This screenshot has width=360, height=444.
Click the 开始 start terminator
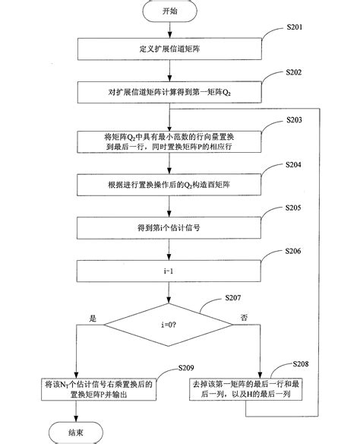point(168,13)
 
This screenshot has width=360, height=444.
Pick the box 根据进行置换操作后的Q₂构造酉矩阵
point(168,185)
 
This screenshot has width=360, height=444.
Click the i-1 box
point(168,269)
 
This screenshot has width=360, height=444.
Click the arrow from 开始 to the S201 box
point(168,32)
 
